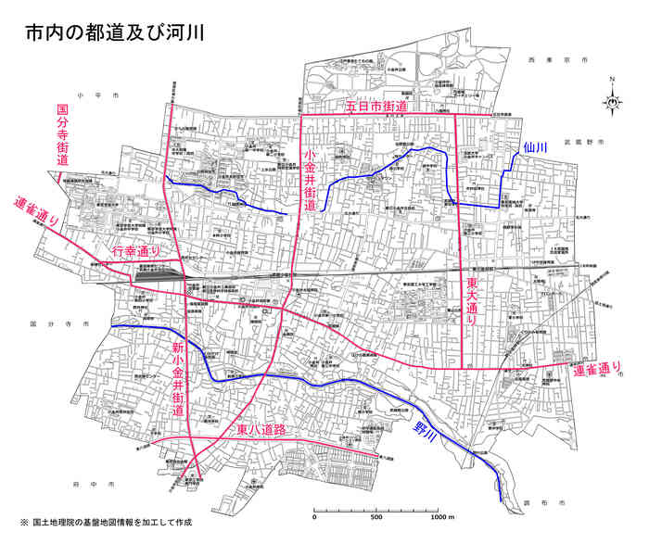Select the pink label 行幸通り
click(x=137, y=252)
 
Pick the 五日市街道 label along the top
click(x=376, y=108)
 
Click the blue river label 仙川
click(x=536, y=147)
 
